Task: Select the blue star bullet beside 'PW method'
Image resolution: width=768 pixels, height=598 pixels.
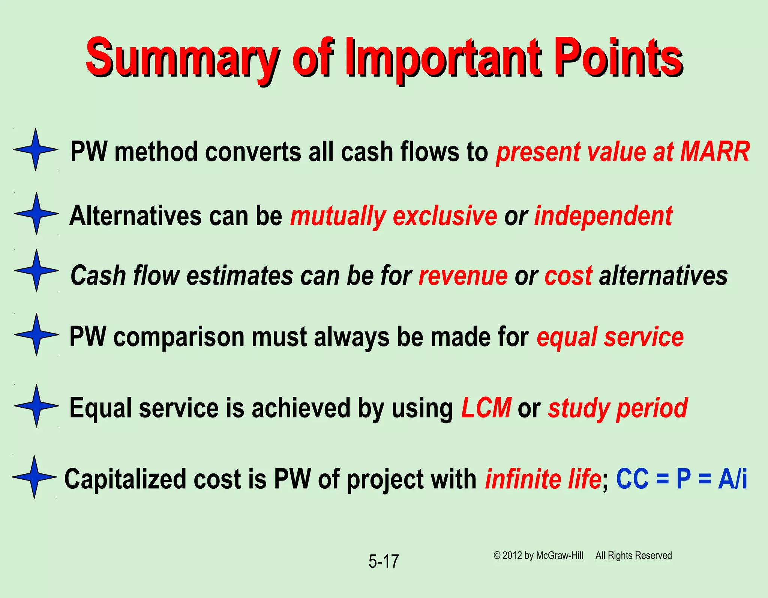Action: tap(36, 149)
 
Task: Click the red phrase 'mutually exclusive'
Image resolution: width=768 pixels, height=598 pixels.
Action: tap(393, 216)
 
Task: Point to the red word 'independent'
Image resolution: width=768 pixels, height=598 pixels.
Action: tap(603, 216)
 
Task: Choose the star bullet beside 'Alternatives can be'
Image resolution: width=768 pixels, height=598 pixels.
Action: tap(36, 214)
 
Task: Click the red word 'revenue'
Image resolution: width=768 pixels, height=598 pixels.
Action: tap(463, 276)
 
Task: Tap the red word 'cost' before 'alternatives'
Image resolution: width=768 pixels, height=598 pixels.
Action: tap(568, 276)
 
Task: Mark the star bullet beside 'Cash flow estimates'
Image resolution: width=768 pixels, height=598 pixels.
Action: tap(36, 270)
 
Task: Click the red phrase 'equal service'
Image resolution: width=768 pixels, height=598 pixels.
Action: tap(610, 337)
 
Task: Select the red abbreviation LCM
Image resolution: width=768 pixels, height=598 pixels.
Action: tap(486, 408)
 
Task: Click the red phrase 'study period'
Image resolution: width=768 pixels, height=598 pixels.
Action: tap(617, 408)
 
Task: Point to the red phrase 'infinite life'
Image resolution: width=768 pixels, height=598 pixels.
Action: tap(543, 479)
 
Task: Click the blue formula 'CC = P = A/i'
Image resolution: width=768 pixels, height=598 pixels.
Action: tap(681, 479)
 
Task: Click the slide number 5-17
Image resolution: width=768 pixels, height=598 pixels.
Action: tap(383, 562)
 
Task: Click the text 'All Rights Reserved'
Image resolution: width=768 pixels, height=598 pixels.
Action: tap(633, 556)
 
